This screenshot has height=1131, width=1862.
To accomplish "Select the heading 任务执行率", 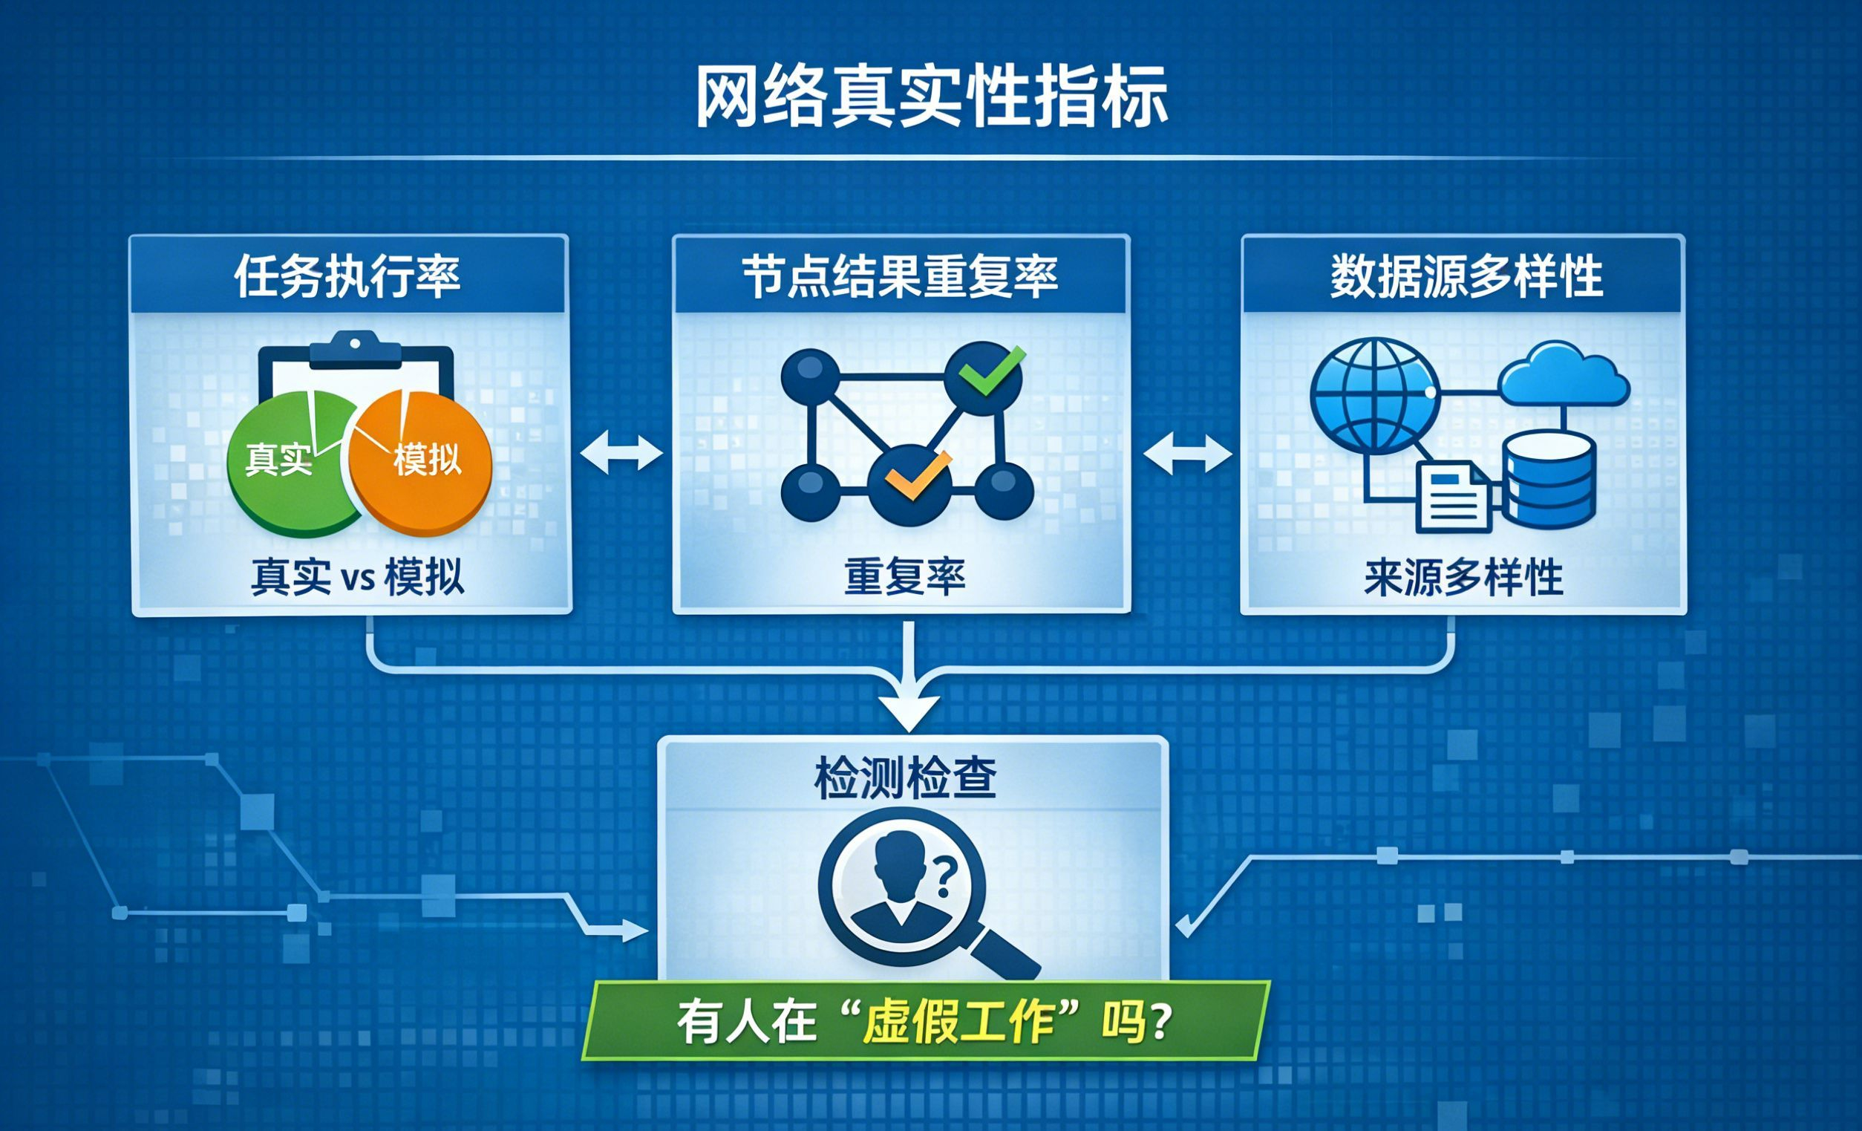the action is tap(347, 277).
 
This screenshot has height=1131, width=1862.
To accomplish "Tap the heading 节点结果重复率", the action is tap(900, 277).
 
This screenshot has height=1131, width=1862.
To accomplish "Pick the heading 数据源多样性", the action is tap(1467, 277).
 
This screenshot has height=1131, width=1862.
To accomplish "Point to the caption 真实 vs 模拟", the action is tap(357, 578).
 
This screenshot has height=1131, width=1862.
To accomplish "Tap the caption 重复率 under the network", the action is tap(904, 577).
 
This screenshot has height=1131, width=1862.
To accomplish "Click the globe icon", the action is tap(1374, 395).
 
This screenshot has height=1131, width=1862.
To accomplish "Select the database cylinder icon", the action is tap(1550, 480).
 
